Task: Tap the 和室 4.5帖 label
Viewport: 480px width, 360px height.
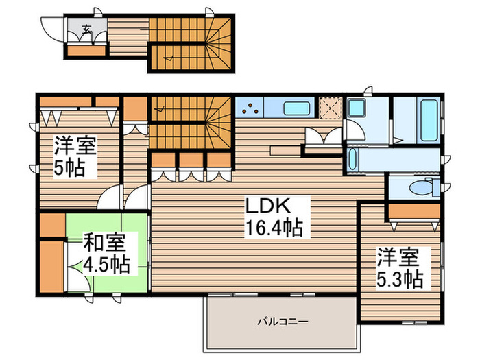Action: pyautogui.click(x=106, y=254)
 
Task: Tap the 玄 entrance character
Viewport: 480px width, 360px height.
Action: pyautogui.click(x=87, y=29)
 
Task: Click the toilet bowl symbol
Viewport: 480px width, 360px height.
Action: pyautogui.click(x=419, y=187)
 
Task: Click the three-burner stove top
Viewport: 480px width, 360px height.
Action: pyautogui.click(x=250, y=108)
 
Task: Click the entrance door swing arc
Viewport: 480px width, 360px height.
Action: pyautogui.click(x=52, y=28)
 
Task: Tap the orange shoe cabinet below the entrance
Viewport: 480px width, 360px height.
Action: pyautogui.click(x=87, y=49)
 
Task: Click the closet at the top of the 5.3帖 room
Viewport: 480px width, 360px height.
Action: pyautogui.click(x=414, y=211)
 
